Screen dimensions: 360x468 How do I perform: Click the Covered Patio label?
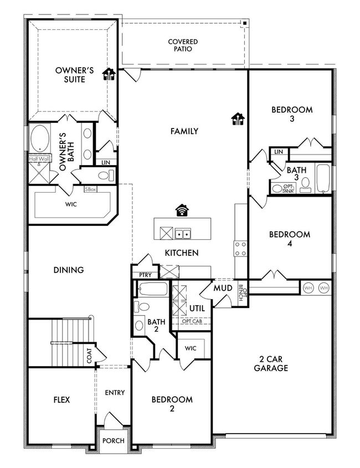click(183, 45)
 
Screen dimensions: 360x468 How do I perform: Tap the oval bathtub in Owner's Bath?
click(40, 138)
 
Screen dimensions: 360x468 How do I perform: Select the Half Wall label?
click(39, 159)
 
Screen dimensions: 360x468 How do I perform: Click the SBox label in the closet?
click(90, 189)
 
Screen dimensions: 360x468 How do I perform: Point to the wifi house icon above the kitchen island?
click(182, 210)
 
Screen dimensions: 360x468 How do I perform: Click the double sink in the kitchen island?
click(183, 234)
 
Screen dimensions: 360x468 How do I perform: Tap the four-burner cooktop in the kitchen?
click(240, 249)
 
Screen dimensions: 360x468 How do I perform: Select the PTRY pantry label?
click(145, 275)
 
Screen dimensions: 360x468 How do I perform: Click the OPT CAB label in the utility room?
click(192, 321)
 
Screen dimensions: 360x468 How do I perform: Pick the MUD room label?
click(223, 288)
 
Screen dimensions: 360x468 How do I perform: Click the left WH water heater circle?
click(308, 288)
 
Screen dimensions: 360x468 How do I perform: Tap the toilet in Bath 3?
click(305, 185)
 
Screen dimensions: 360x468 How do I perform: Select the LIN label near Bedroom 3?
click(279, 152)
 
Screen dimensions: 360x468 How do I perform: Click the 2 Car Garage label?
click(271, 363)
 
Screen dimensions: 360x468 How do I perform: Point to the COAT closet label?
click(89, 356)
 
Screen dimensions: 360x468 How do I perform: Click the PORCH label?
click(114, 440)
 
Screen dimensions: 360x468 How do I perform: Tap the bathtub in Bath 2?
click(152, 289)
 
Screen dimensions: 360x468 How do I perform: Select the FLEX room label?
click(62, 400)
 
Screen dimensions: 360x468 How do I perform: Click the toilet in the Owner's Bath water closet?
click(106, 175)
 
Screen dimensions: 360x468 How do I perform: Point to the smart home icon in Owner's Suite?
click(109, 74)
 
